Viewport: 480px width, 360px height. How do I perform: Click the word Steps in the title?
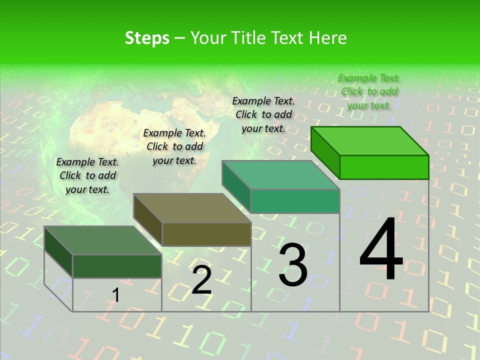(147, 38)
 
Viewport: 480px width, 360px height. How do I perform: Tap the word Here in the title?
(327, 38)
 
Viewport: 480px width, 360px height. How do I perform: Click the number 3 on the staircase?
(293, 265)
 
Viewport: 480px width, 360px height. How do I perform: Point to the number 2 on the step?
(201, 280)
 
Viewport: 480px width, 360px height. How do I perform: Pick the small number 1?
(116, 295)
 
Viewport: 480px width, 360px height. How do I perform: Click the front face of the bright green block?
(384, 167)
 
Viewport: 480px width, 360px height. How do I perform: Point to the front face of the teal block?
(295, 201)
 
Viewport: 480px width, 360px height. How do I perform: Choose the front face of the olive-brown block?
(206, 234)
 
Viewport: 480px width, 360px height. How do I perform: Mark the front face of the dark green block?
(117, 266)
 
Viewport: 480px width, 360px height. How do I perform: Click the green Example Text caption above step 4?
(369, 91)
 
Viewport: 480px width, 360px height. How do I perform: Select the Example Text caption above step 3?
(263, 114)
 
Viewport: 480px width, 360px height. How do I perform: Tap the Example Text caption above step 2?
(174, 146)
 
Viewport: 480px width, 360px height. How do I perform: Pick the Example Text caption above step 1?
(87, 175)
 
